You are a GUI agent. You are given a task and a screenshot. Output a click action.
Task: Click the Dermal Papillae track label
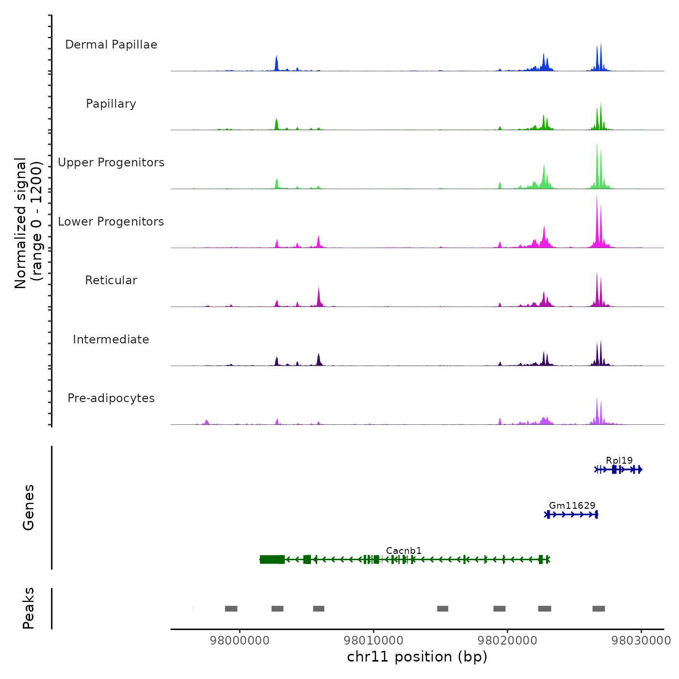point(111,45)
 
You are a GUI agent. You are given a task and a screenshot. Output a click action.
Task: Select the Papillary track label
point(111,104)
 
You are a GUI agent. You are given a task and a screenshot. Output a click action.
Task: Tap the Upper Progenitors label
point(111,162)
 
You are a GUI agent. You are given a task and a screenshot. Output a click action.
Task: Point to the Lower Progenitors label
point(111,222)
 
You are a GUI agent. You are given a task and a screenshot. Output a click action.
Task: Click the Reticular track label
point(111,280)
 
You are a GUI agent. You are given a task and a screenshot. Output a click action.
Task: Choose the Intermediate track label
point(111,339)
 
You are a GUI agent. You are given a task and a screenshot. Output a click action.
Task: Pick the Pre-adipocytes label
point(111,398)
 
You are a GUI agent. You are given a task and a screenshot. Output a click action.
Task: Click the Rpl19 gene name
point(619,460)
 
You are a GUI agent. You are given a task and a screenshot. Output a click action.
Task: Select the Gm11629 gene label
point(572,505)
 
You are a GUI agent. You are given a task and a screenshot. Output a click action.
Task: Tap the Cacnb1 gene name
point(404,550)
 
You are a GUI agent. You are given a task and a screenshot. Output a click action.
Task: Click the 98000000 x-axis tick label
point(240,640)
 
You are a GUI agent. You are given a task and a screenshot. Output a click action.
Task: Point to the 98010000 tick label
point(373,640)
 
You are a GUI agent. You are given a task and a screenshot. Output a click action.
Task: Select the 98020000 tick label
point(507,640)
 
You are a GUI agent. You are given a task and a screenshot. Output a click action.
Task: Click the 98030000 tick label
point(641,640)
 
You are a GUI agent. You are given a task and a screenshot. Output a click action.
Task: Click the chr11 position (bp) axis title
point(417,657)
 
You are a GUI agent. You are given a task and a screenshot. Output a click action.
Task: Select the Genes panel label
point(28,507)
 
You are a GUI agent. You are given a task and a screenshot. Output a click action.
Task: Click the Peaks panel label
point(28,608)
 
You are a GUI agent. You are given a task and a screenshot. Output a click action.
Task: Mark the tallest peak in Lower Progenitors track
point(597,196)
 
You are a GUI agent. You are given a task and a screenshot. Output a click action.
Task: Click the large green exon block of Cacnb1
point(272,559)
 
